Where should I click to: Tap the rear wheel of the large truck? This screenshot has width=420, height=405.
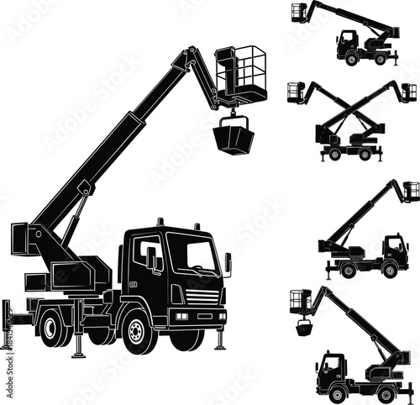[x=54, y=327]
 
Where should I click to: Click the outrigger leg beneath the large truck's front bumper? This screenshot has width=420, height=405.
[x=219, y=337]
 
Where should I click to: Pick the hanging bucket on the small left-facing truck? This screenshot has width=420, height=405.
[x=304, y=326]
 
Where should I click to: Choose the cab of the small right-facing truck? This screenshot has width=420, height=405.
[x=394, y=249]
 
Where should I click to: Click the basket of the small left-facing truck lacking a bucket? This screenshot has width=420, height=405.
[x=299, y=13]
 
